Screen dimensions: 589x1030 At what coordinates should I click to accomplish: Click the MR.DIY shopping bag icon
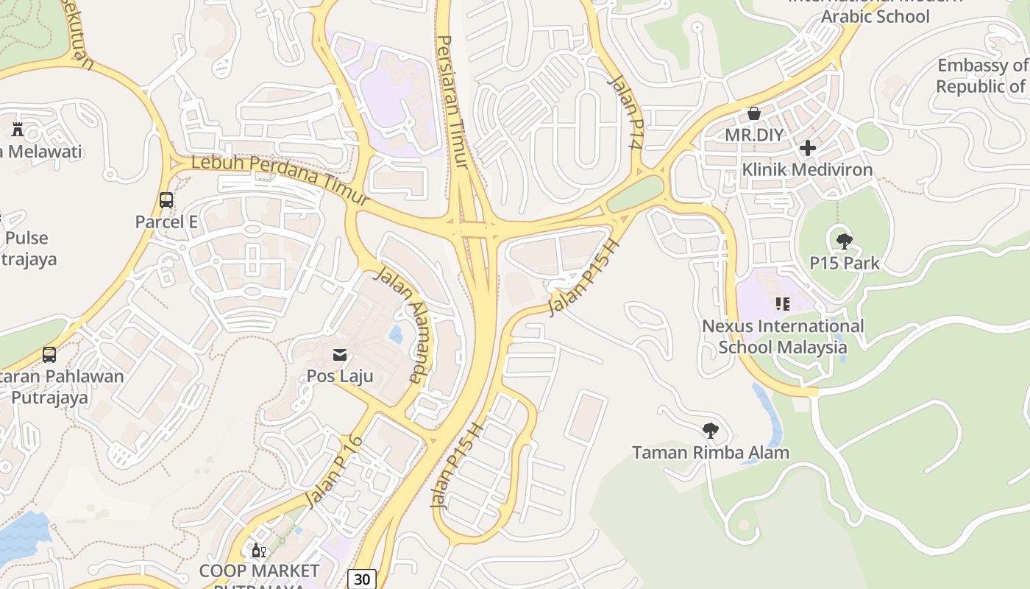(x=754, y=113)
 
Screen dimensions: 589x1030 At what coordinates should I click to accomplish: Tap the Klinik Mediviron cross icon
(x=808, y=148)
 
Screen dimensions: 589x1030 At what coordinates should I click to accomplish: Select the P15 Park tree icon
(x=845, y=241)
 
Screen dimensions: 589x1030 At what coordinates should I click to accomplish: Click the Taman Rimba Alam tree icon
(x=711, y=430)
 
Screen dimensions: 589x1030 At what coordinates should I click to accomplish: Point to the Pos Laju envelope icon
(x=340, y=355)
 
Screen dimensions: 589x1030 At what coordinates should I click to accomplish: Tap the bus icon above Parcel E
(x=166, y=200)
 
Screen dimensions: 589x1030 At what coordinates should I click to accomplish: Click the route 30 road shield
(x=361, y=579)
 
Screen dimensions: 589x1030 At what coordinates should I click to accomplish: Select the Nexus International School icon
(x=783, y=303)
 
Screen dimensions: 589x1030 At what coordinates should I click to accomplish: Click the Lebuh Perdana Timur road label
(x=280, y=180)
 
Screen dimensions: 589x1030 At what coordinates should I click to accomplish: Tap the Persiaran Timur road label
(x=453, y=102)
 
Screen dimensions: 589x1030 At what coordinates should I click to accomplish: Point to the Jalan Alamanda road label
(x=399, y=325)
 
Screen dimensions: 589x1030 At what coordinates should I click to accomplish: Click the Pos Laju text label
(x=340, y=376)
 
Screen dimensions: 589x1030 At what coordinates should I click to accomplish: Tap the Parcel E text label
(x=166, y=222)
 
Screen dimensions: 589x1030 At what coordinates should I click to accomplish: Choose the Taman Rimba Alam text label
(x=711, y=452)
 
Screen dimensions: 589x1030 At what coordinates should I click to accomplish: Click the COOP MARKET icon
(x=259, y=550)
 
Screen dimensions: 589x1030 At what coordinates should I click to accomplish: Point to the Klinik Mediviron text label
(x=807, y=169)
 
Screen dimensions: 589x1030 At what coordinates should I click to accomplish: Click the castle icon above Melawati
(x=18, y=130)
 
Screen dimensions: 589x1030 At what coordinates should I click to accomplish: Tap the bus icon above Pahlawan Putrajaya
(x=49, y=355)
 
